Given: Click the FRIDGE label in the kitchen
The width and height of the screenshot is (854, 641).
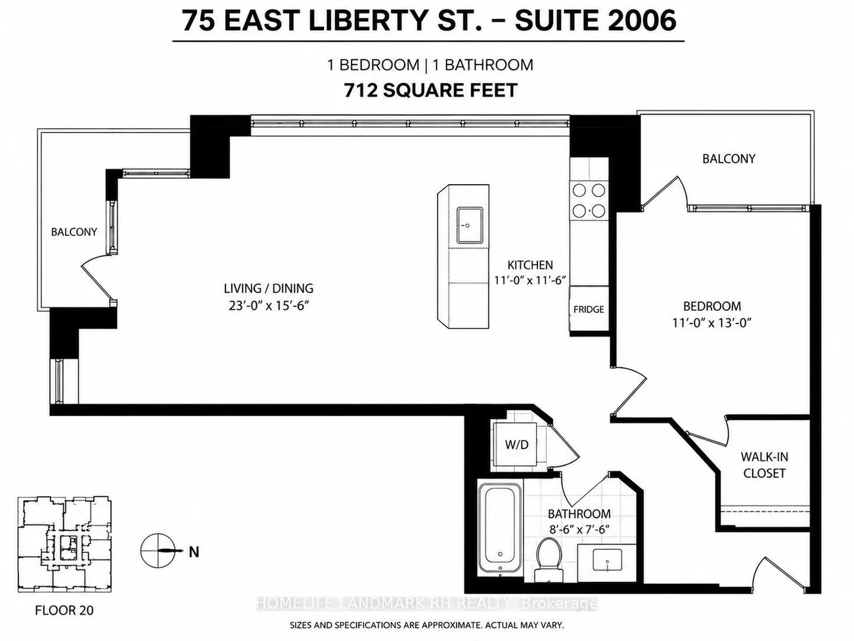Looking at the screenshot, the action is (x=589, y=309).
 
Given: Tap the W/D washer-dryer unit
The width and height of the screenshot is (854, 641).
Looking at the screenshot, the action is (x=516, y=444).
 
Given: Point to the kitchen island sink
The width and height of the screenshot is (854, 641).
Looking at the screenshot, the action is (x=470, y=226).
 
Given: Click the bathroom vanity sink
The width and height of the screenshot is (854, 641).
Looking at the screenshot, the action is (x=608, y=561).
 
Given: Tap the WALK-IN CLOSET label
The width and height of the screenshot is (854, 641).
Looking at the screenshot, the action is (x=765, y=465).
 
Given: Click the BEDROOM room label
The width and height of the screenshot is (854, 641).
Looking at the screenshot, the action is (x=712, y=306).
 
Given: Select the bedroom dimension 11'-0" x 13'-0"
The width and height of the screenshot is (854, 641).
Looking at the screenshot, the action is (x=711, y=323).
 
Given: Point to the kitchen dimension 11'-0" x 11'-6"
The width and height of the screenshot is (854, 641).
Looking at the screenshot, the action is (x=529, y=280).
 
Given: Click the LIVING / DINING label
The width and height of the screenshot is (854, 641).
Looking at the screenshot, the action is (x=269, y=289).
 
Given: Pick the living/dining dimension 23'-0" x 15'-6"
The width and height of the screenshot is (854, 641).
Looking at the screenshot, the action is (x=269, y=306).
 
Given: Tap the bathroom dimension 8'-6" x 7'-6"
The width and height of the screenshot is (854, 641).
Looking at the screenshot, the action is (x=579, y=530).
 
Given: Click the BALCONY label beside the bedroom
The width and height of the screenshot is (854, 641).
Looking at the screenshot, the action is (x=729, y=158).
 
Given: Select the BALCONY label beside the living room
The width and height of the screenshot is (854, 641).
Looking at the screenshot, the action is (x=74, y=232).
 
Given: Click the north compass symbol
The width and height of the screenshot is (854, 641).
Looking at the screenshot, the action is (x=158, y=550).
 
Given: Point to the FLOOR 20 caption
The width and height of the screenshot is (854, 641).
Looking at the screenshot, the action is (x=64, y=610).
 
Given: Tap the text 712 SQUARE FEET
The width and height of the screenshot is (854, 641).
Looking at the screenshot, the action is (x=430, y=91).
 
